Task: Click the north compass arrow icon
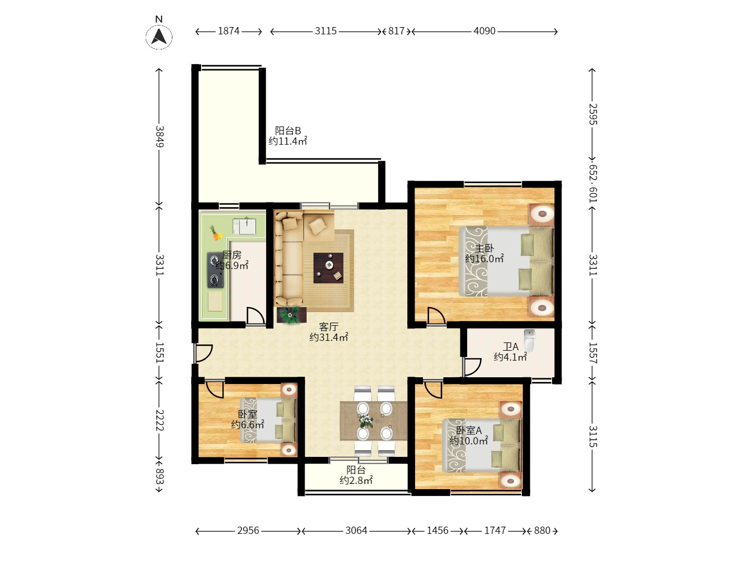pyautogui.click(x=159, y=37)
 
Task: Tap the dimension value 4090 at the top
pyautogui.click(x=484, y=31)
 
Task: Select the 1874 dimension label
pyautogui.click(x=229, y=31)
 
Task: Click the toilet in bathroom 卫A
pyautogui.click(x=529, y=340)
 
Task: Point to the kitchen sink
pyautogui.click(x=244, y=226)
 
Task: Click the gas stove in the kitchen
pyautogui.click(x=215, y=270)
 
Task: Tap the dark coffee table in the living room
pyautogui.click(x=328, y=268)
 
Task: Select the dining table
pyautogui.click(x=373, y=421)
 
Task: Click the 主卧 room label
pyautogui.click(x=484, y=248)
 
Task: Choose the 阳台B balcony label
pyautogui.click(x=287, y=130)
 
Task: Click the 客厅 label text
pyautogui.click(x=328, y=327)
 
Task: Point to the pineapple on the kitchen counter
pyautogui.click(x=215, y=233)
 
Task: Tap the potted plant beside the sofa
pyautogui.click(x=291, y=315)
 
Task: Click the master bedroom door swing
pyautogui.click(x=436, y=316)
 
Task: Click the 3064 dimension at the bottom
pyautogui.click(x=356, y=530)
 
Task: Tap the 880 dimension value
pyautogui.click(x=542, y=530)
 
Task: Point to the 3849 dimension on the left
pyautogui.click(x=159, y=136)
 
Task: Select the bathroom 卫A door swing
pyautogui.click(x=472, y=367)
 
